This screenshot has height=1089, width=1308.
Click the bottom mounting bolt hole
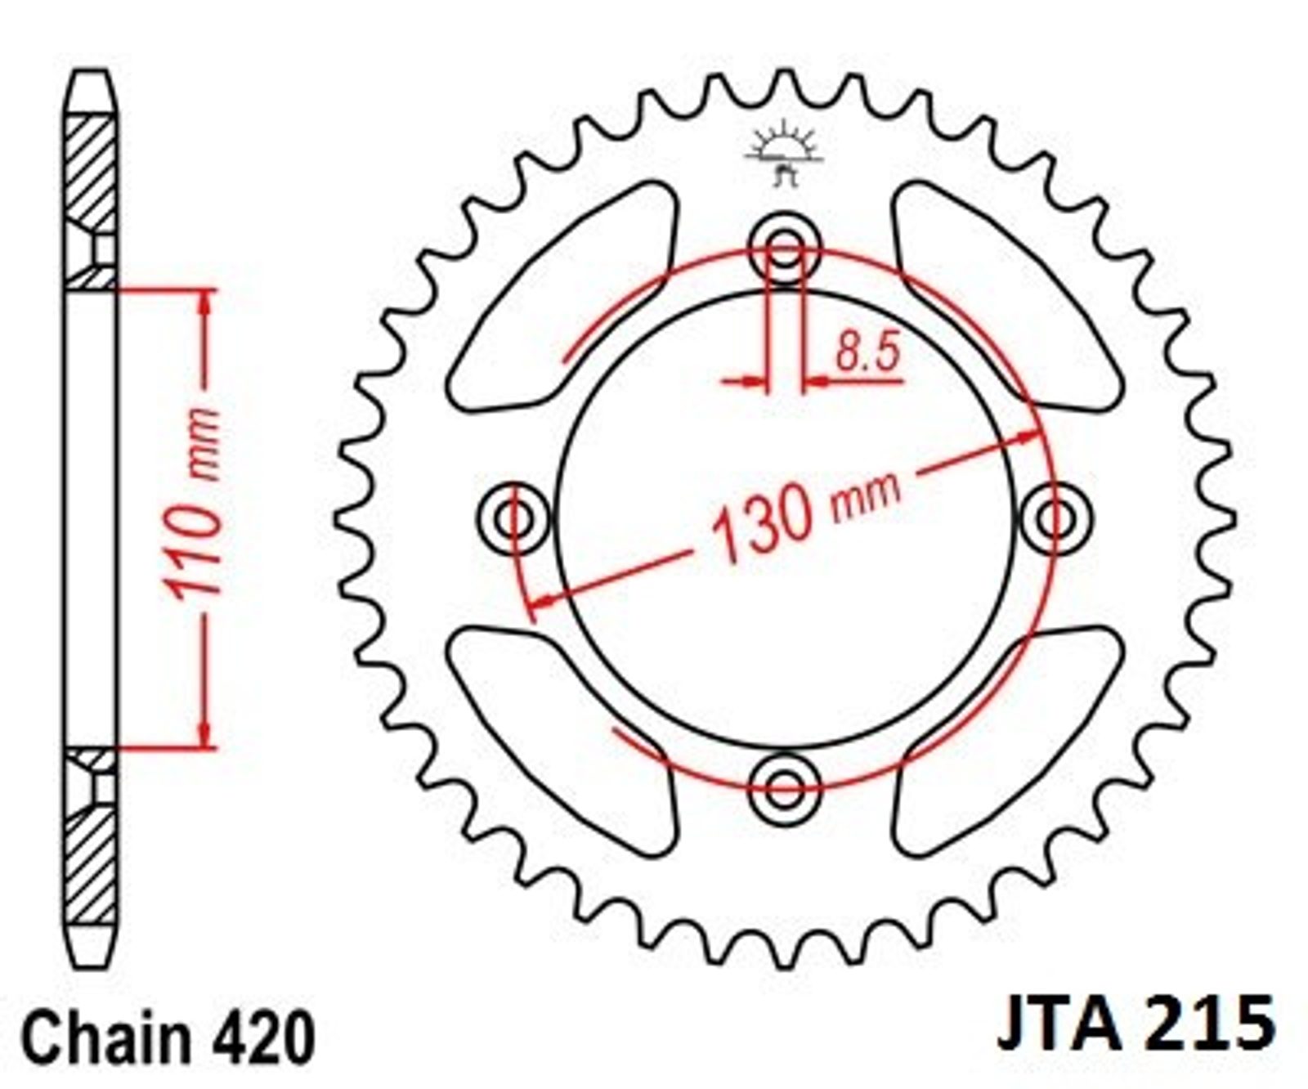pos(785,789)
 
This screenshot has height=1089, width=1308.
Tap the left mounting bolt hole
pos(514,518)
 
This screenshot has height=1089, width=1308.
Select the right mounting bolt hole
pos(1055,518)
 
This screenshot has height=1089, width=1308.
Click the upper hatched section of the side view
pos(90,201)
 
